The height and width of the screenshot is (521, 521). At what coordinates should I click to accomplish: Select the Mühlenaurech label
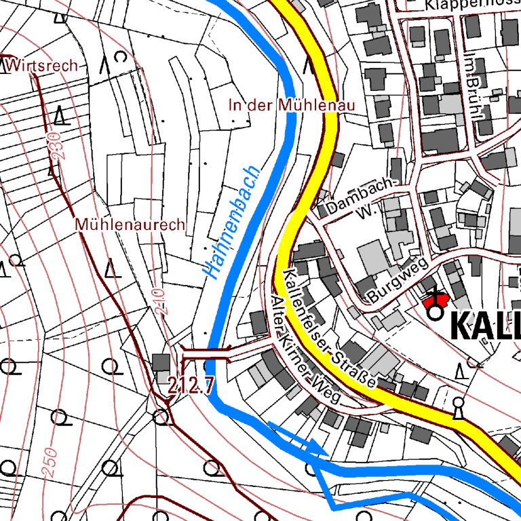(130, 224)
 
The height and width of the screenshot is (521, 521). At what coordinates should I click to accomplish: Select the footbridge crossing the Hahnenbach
(206, 352)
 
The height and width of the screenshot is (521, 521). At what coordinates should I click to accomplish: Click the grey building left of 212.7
(161, 363)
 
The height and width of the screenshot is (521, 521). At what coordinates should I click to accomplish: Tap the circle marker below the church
(434, 313)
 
